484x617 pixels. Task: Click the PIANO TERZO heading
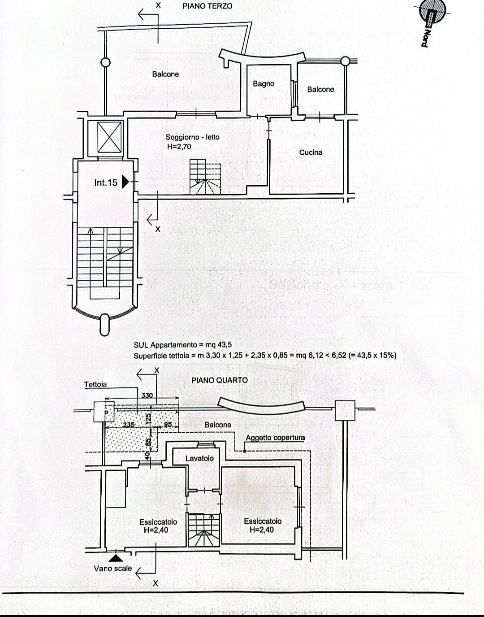pyautogui.click(x=207, y=7)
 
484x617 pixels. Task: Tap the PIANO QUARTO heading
pyautogui.click(x=219, y=380)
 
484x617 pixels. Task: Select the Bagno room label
pyautogui.click(x=263, y=83)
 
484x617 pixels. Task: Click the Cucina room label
pyautogui.click(x=311, y=152)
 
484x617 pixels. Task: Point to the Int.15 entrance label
pyautogui.click(x=106, y=182)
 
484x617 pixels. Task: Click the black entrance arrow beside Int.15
pyautogui.click(x=125, y=182)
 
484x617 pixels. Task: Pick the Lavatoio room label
pyautogui.click(x=200, y=458)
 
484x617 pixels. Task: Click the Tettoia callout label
pyautogui.click(x=95, y=384)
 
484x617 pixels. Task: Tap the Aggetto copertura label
pyautogui.click(x=275, y=438)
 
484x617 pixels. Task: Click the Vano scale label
pyautogui.click(x=113, y=569)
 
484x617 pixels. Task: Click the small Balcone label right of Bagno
pyautogui.click(x=320, y=89)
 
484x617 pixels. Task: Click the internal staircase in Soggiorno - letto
pyautogui.click(x=205, y=179)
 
